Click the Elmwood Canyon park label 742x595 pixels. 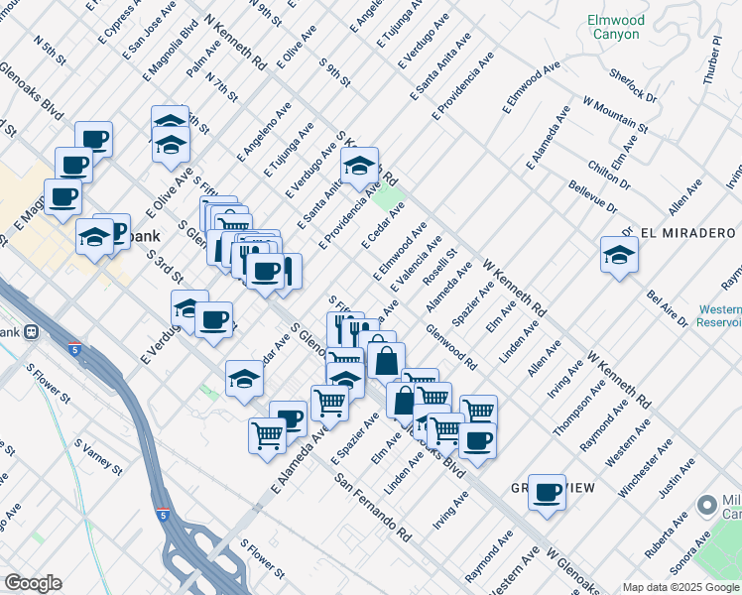[615, 27]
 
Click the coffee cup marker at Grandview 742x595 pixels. [546, 492]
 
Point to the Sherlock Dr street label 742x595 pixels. [633, 84]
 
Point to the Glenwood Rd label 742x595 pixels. [450, 346]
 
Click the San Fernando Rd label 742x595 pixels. [373, 506]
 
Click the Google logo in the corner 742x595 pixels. [33, 583]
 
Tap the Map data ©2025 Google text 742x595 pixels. [681, 587]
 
